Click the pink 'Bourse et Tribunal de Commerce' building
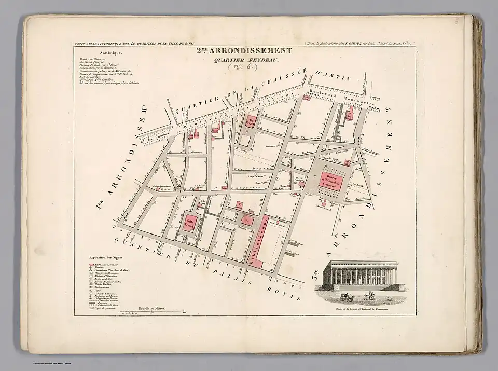(x=330, y=181)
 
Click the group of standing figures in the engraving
(x=369, y=296)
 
